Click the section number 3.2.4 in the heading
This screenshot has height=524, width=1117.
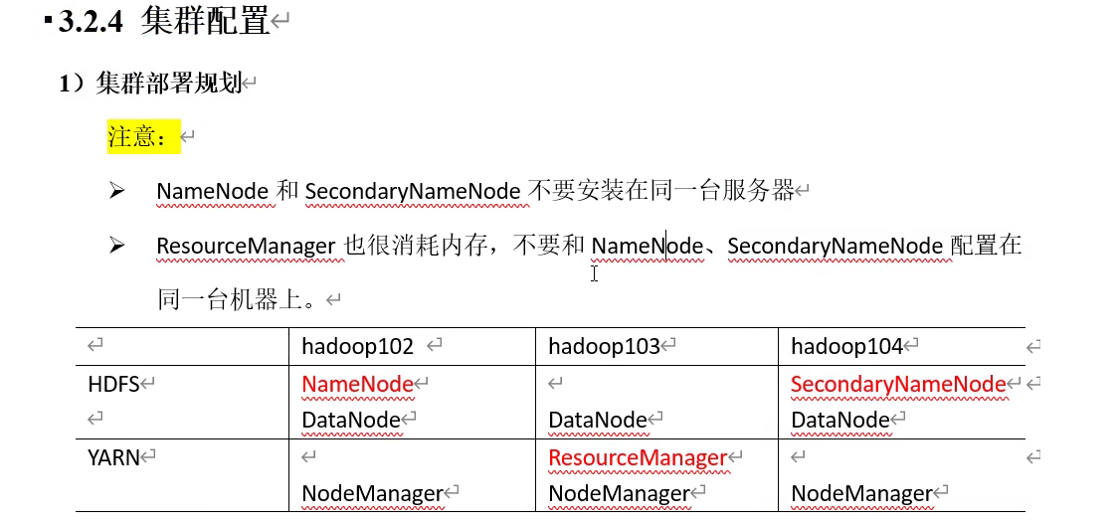coord(91,22)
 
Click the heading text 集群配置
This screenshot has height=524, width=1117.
coord(206,21)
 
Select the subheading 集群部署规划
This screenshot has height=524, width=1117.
coord(169,84)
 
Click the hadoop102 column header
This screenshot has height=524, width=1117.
coord(358,346)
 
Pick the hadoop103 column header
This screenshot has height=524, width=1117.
coord(604,346)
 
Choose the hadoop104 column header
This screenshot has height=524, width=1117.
coord(846,346)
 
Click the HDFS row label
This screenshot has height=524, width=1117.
coord(114,384)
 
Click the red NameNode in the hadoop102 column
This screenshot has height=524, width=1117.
coord(357,384)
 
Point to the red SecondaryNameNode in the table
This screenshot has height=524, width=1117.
coord(898,384)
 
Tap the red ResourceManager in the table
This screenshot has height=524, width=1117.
coord(638,457)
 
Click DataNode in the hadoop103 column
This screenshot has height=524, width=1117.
coord(597,421)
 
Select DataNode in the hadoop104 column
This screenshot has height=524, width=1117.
coord(839,421)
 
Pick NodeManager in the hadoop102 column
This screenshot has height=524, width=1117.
coord(372,493)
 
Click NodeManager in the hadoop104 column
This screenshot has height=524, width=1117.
coord(861,493)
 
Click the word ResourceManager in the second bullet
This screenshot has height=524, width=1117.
coord(246,246)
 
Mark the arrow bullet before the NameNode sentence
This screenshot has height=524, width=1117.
coord(117,190)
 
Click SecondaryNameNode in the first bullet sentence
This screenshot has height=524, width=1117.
coord(413,191)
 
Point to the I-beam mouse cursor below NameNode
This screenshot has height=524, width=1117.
coord(594,273)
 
